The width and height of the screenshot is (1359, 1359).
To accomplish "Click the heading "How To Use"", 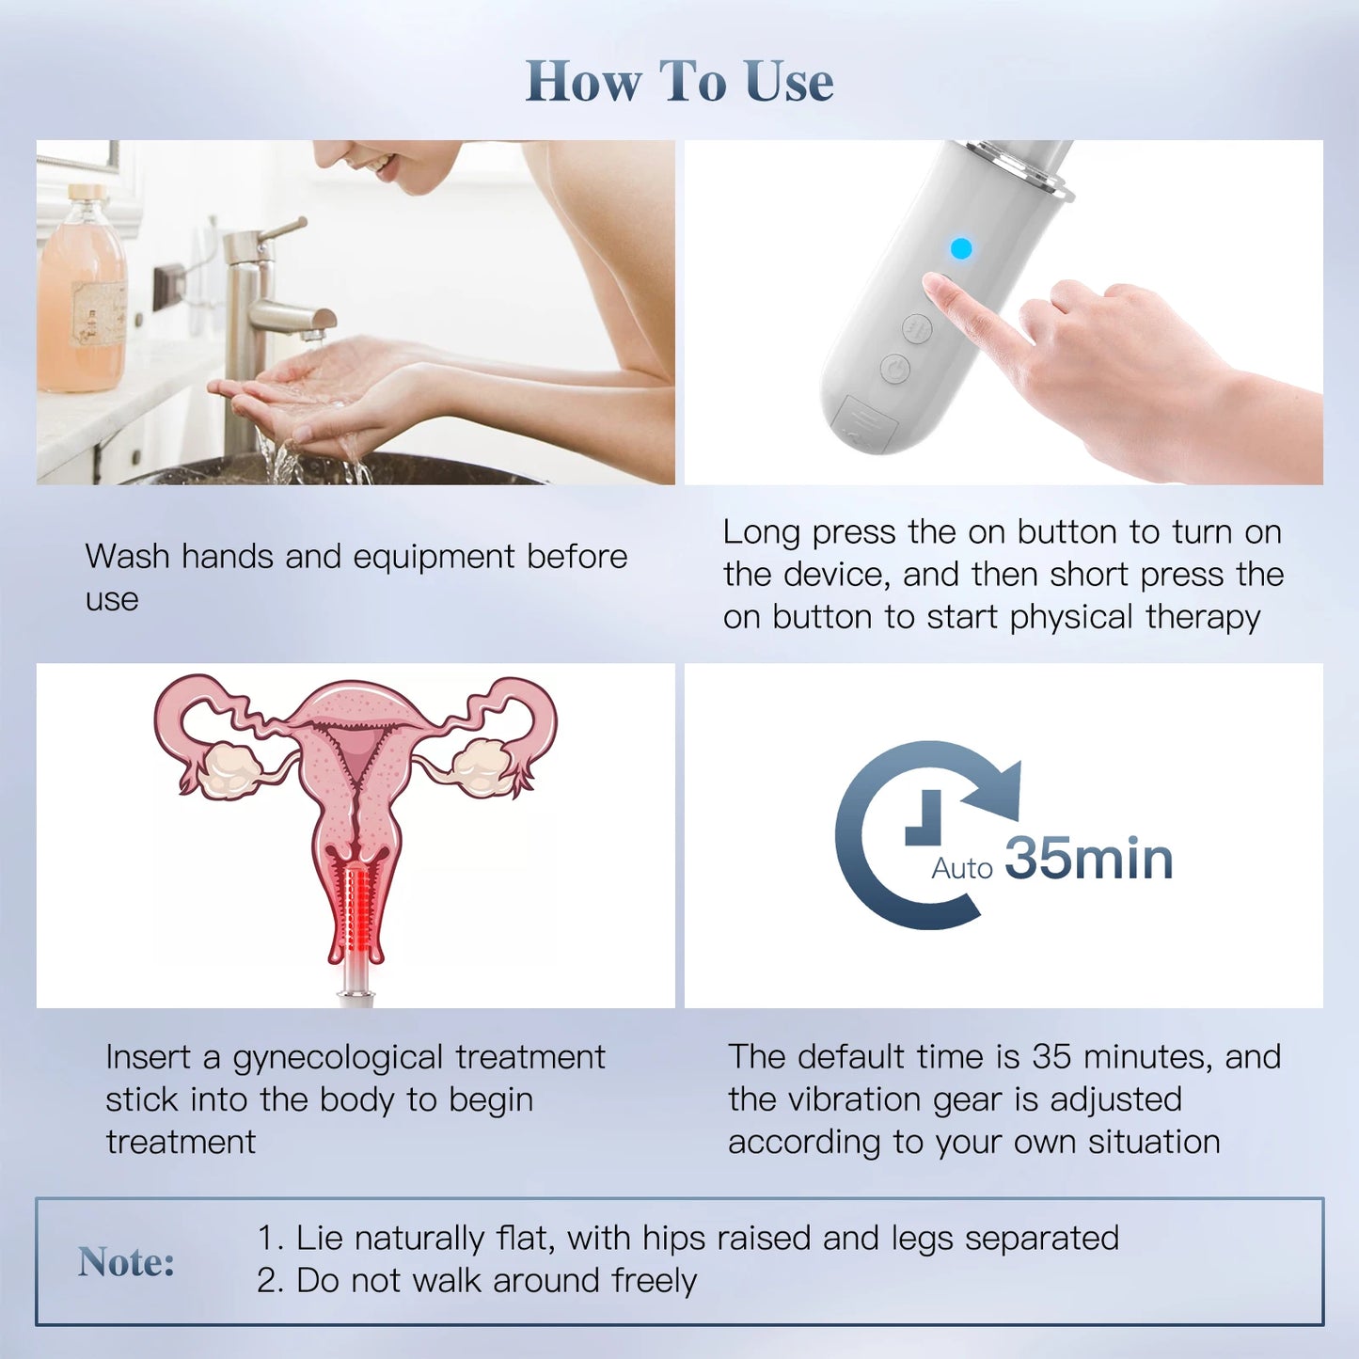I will tap(679, 81).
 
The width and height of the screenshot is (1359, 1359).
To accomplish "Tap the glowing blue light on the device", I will tap(960, 248).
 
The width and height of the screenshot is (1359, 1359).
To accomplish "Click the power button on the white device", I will tap(895, 368).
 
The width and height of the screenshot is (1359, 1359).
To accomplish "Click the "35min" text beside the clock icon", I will tap(1089, 859).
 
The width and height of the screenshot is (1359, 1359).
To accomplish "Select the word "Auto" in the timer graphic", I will tap(961, 868).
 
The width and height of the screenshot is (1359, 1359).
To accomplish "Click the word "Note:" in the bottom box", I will tap(126, 1262).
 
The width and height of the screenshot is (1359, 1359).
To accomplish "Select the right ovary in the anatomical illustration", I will tap(482, 764).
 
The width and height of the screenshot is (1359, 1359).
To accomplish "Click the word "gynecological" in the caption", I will tap(338, 1058).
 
